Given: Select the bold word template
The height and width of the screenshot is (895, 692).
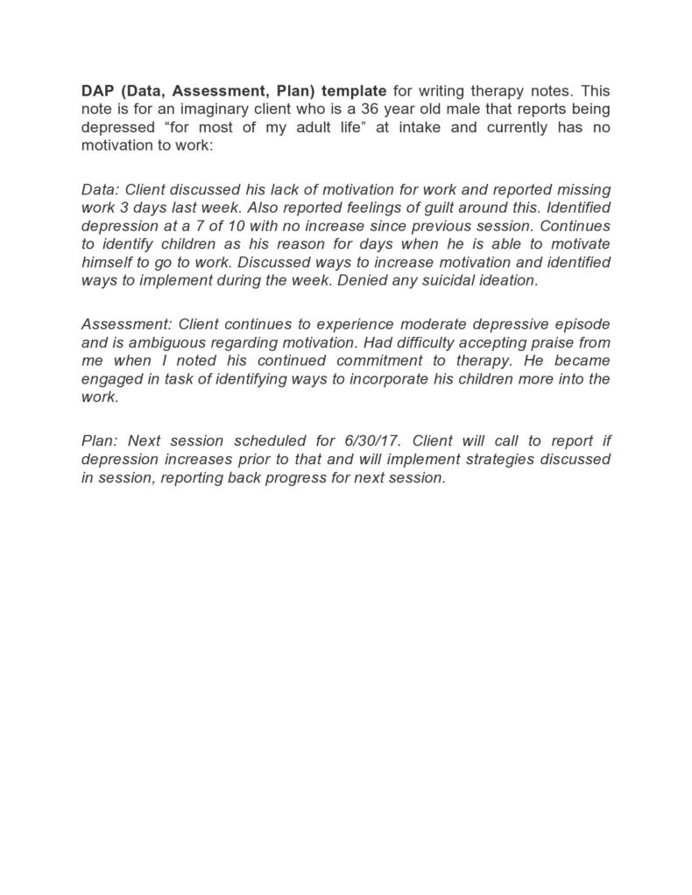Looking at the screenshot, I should pos(352,91).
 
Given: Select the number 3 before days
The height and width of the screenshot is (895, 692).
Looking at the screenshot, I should pos(119,208).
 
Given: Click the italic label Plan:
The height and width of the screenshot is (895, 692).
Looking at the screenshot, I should pos(99,440).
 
